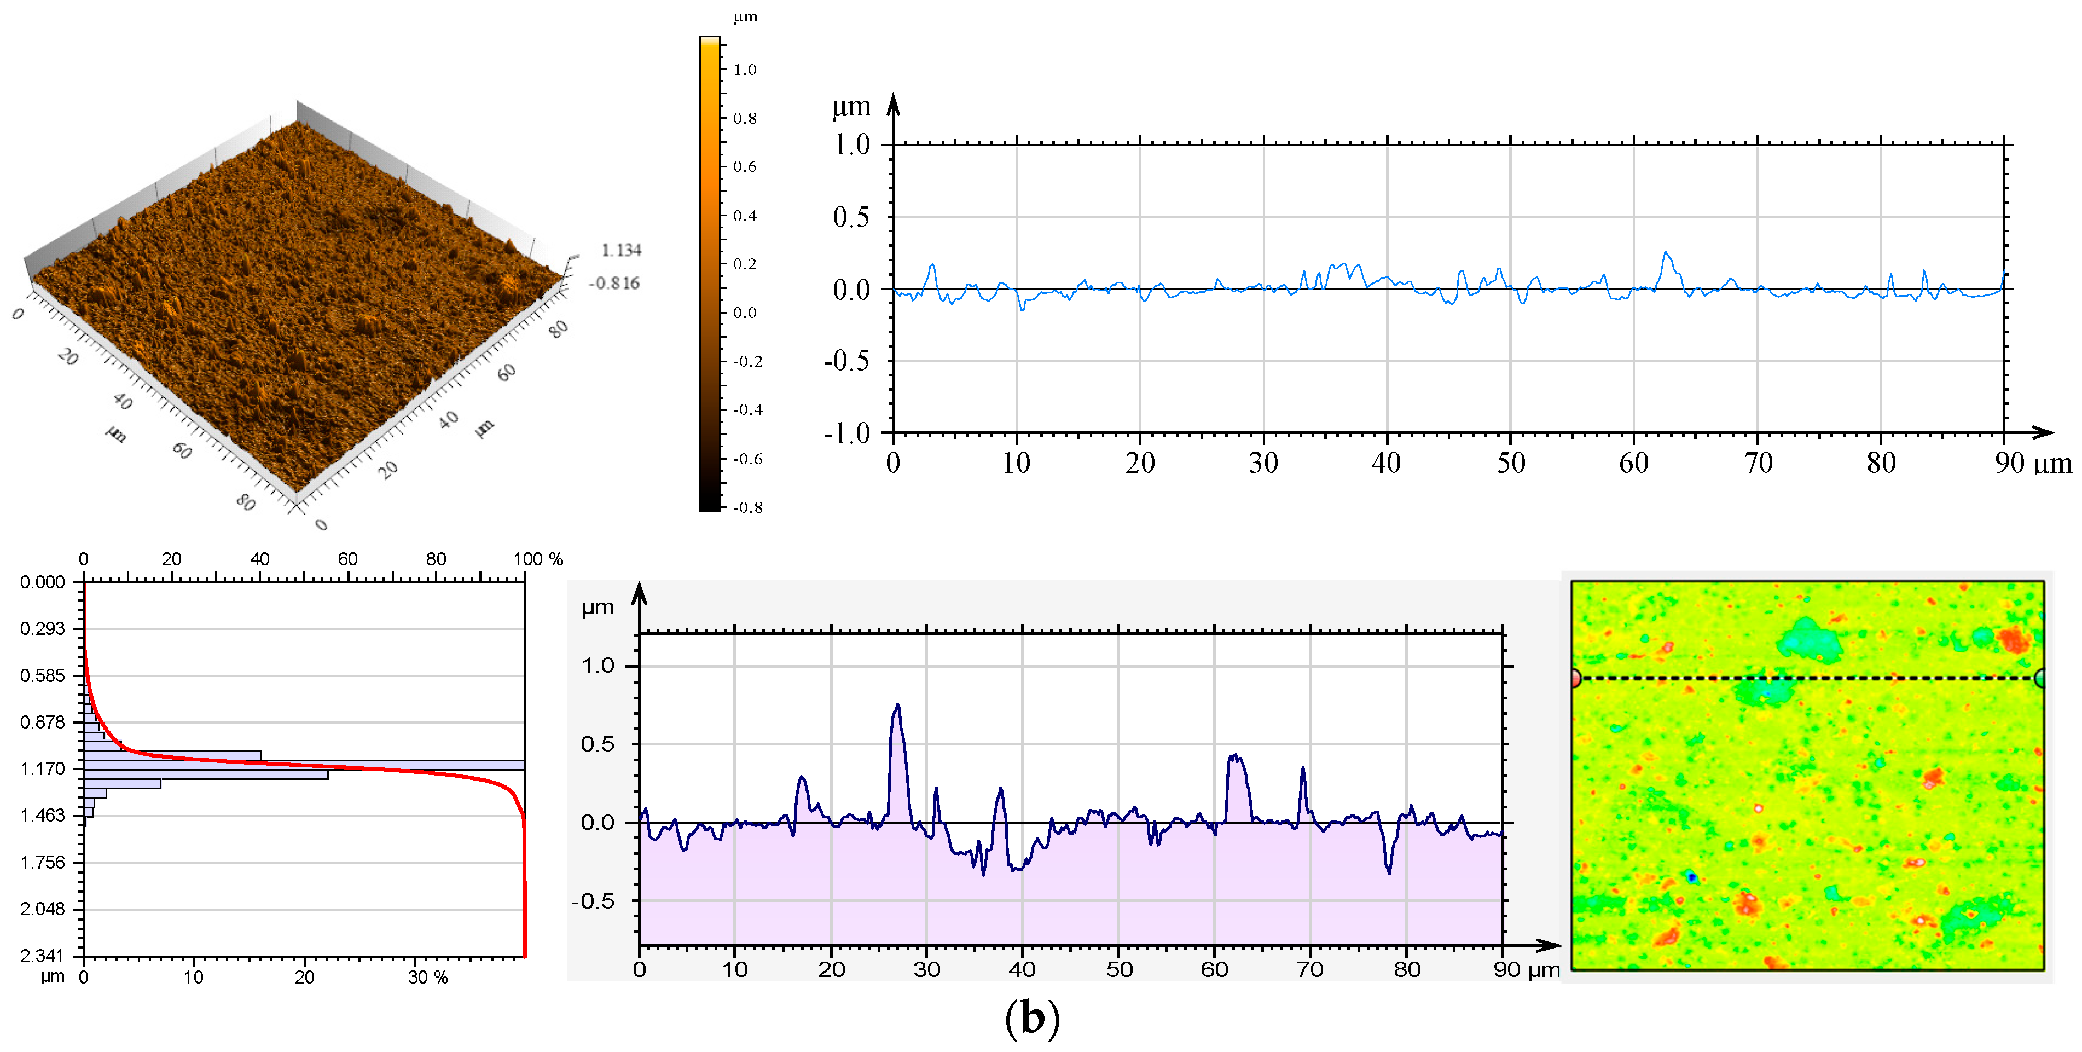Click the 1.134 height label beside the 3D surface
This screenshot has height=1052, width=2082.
620,250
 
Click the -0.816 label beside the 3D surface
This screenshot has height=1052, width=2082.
614,283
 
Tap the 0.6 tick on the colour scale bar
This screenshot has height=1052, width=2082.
744,166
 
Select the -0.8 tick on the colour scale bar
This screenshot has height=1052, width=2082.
747,507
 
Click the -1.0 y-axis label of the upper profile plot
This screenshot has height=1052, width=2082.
846,433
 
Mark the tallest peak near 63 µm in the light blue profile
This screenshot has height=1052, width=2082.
1665,252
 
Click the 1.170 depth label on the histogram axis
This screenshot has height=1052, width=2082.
42,768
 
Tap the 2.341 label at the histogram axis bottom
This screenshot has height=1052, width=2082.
42,956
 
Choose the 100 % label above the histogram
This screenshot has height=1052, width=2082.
537,559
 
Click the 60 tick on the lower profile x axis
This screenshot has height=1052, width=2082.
1214,969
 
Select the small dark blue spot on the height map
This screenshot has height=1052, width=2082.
1691,876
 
